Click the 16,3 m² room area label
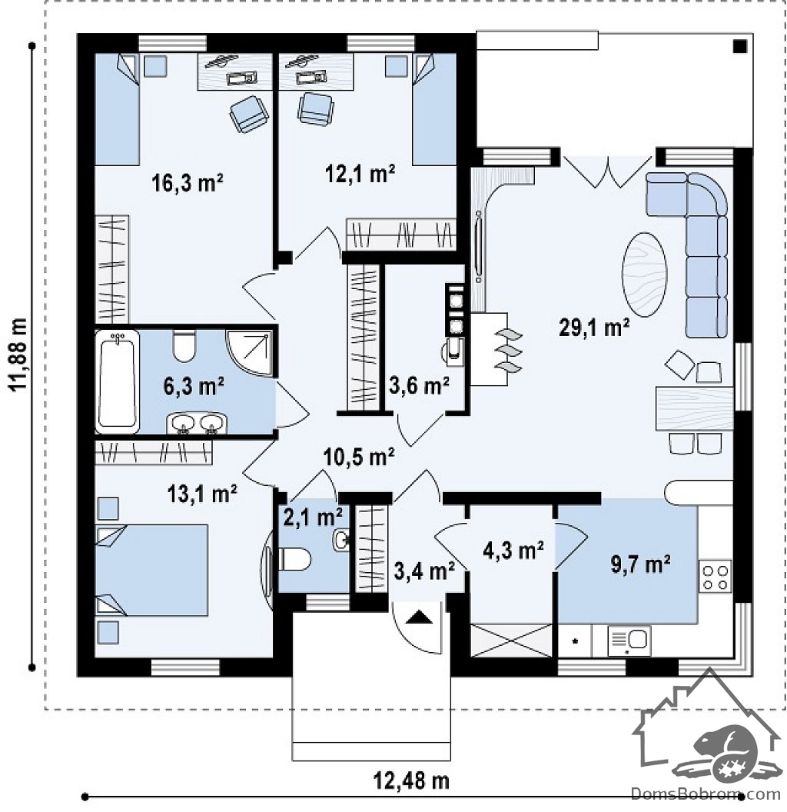coord(187,183)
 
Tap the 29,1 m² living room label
coord(594,328)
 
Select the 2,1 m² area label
coord(313,517)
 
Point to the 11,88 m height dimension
coord(18,354)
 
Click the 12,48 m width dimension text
coord(411,780)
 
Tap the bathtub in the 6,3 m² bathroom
coord(118,381)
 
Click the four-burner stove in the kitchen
coord(715,576)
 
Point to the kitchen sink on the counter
coord(629,641)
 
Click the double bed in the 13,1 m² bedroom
coord(151,570)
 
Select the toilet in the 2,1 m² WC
coord(294,560)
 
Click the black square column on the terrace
coord(740,47)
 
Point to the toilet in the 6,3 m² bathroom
coord(184,346)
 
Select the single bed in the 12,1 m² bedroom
coord(434,109)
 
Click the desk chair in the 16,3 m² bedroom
coord(249,114)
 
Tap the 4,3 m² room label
coord(513,551)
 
